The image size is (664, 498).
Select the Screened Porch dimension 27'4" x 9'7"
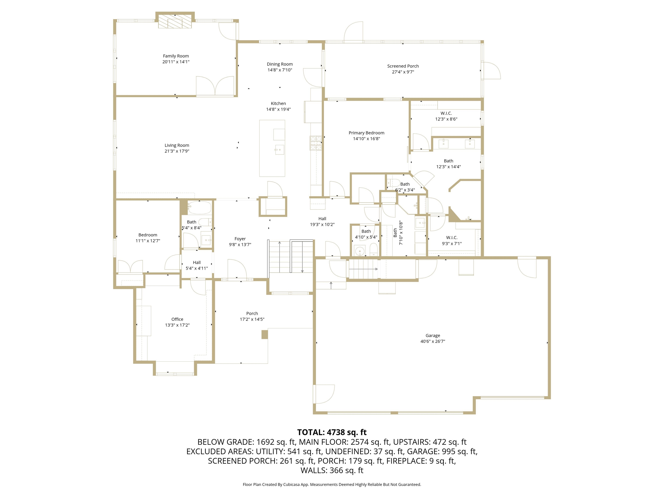tap(403, 72)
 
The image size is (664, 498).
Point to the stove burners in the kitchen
tap(316, 143)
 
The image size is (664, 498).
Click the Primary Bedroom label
tap(366, 133)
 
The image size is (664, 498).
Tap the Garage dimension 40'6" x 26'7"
tap(433, 341)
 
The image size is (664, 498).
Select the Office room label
tap(177, 319)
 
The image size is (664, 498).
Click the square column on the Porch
tap(265, 334)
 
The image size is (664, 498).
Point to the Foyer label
tap(240, 239)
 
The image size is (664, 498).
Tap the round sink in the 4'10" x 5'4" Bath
tap(359, 250)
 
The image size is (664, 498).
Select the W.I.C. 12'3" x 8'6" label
tap(446, 113)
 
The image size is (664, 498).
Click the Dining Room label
tap(279, 64)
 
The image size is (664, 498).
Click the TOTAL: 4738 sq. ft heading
tap(332, 432)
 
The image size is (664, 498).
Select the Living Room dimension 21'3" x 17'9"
tap(177, 151)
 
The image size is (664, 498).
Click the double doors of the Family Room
tap(215, 86)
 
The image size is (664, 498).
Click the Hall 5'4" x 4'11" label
tap(197, 263)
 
